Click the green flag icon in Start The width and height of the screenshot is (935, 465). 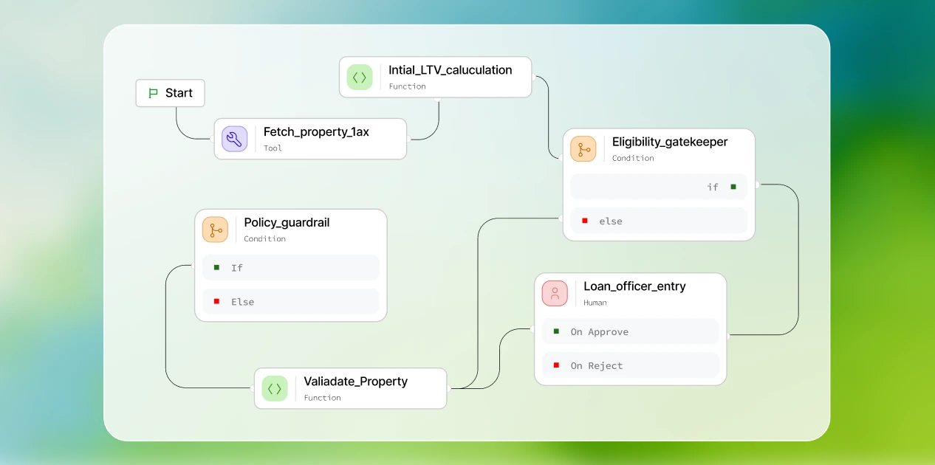(x=153, y=93)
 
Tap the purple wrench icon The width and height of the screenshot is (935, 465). (x=235, y=139)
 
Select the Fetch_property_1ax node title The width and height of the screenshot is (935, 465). (x=316, y=132)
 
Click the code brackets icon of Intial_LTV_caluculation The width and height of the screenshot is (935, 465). (x=360, y=77)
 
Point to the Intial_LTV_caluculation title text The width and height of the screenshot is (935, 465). (x=450, y=70)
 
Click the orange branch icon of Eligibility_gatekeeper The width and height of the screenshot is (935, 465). (x=583, y=149)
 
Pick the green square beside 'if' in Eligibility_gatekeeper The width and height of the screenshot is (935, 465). (x=733, y=187)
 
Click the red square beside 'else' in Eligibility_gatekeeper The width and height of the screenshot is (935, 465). (x=585, y=221)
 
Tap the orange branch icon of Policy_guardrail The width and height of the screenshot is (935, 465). (x=215, y=230)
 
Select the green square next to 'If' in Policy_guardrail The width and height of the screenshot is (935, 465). (x=216, y=267)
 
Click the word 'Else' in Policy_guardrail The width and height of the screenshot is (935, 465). (x=242, y=302)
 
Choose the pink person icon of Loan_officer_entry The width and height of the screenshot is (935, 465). (x=555, y=293)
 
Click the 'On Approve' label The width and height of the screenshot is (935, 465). (x=600, y=332)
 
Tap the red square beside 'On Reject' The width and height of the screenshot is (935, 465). (x=556, y=365)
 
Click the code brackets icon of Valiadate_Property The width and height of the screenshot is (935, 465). (x=275, y=389)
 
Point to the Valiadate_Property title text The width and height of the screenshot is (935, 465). (x=356, y=382)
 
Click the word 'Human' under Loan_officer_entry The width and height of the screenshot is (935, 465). (x=595, y=303)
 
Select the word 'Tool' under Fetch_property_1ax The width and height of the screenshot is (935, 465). (x=273, y=148)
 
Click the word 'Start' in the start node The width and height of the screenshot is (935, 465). (x=179, y=93)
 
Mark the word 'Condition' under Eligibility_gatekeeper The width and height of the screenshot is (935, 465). (x=633, y=158)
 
